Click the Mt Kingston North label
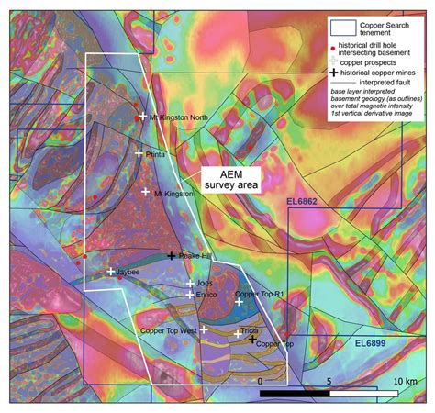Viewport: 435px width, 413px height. tap(184, 117)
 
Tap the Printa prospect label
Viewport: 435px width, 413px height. tap(155, 155)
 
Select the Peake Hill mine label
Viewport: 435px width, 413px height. tap(195, 256)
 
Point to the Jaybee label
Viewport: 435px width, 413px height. tap(128, 273)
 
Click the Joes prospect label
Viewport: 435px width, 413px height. tap(205, 283)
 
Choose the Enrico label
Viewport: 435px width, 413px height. tap(207, 295)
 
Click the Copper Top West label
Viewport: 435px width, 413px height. tap(170, 329)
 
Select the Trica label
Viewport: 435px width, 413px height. tap(249, 331)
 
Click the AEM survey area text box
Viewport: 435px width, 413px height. tap(229, 177)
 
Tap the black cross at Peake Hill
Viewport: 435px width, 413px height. tap(172, 256)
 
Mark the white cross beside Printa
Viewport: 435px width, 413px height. tap(139, 153)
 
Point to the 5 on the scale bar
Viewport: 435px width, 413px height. tap(329, 380)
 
